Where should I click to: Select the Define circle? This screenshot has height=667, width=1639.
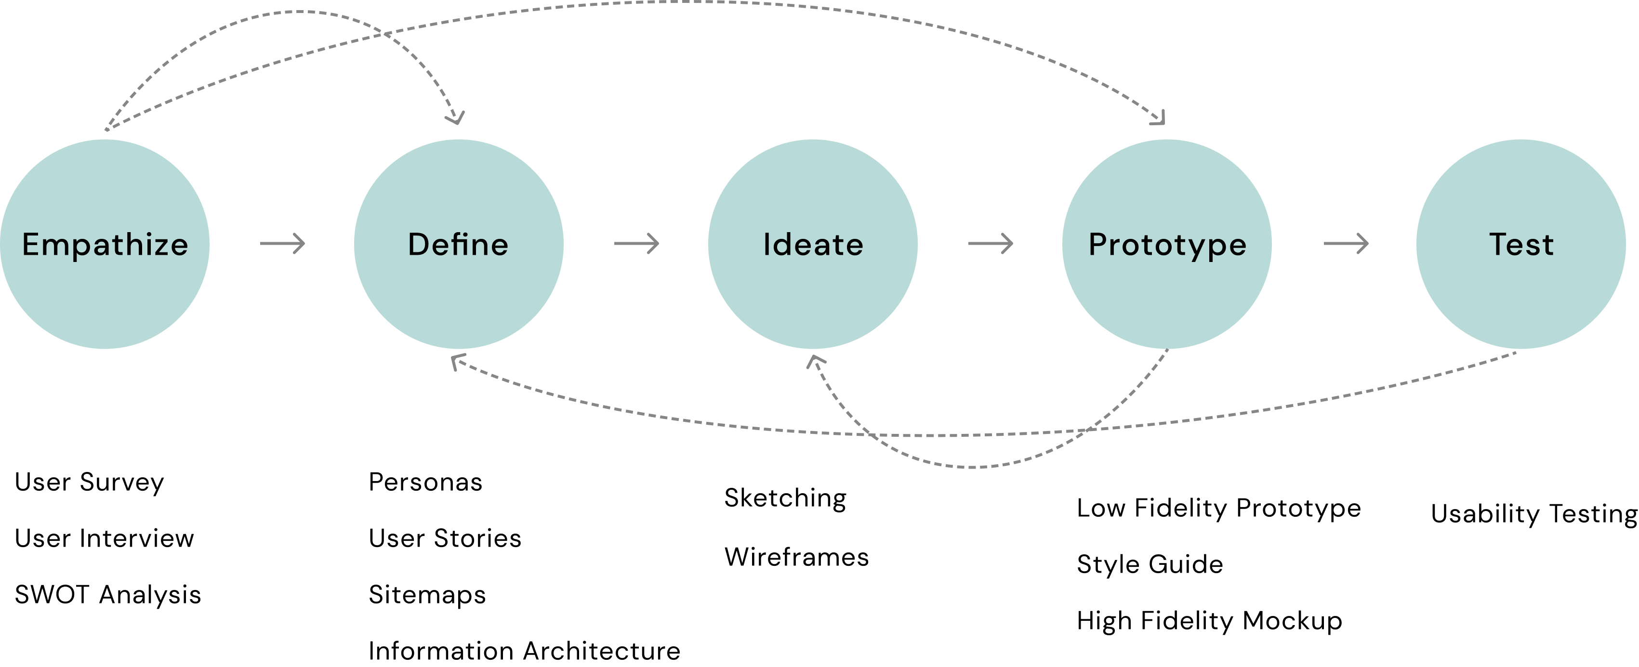click(458, 299)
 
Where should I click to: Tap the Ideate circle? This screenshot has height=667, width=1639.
click(812, 299)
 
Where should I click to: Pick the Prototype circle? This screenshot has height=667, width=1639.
click(1166, 299)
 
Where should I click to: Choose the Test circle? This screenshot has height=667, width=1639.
click(1520, 299)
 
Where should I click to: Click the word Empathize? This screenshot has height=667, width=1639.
click(105, 245)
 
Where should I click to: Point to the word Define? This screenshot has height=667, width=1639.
click(458, 245)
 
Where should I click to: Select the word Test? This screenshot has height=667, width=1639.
click(1521, 245)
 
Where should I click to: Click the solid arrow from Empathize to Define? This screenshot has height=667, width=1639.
click(282, 244)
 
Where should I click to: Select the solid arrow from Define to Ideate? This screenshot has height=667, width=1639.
click(636, 244)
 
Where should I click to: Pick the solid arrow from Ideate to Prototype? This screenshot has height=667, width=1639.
click(991, 244)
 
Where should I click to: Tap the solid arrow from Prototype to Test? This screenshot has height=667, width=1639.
click(1346, 244)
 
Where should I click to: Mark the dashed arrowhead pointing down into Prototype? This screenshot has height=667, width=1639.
click(1160, 119)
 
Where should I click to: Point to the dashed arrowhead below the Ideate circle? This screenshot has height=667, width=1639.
click(815, 362)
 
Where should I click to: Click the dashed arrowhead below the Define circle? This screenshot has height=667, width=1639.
click(457, 363)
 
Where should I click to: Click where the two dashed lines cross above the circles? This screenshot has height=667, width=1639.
click(383, 33)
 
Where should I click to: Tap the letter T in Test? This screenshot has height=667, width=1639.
click(1498, 244)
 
